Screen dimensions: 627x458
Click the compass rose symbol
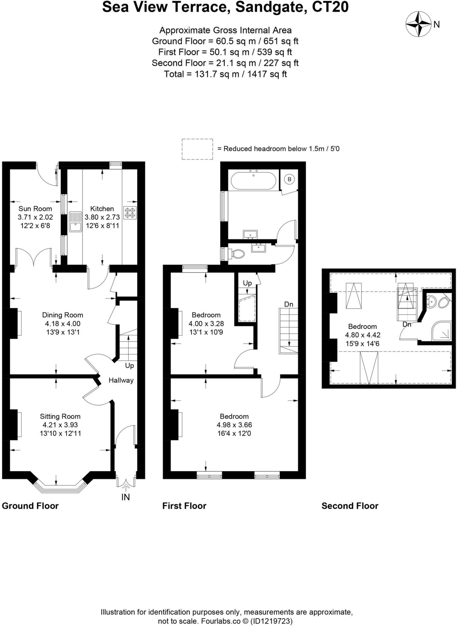pos(418,24)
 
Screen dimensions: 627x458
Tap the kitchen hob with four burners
pos(130,213)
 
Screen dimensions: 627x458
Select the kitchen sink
pos(75,222)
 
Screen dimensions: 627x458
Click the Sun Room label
pos(35,209)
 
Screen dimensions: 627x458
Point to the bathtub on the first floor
pos(253,181)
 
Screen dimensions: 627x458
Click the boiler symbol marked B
pos(290,179)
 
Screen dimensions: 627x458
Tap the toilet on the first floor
pos(237,253)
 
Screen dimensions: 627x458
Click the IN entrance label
pos(126,497)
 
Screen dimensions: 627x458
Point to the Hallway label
pos(121,380)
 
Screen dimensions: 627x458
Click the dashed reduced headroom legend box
pos(197,149)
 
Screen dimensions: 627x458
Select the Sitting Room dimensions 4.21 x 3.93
pos(60,425)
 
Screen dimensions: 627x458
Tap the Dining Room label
pos(62,315)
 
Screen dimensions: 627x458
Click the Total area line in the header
pos(225,74)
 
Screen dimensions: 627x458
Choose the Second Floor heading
pos(350,506)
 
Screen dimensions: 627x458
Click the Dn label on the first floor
pos(289,304)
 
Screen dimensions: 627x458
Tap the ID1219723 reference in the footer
pos(271,621)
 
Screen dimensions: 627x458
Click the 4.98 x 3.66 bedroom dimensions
pos(234,425)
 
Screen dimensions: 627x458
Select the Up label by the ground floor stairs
pos(129,366)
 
